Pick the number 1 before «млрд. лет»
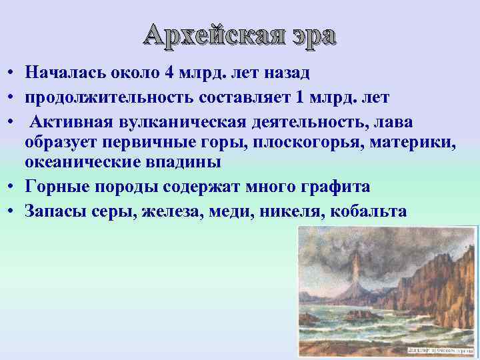[x=299, y=98]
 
